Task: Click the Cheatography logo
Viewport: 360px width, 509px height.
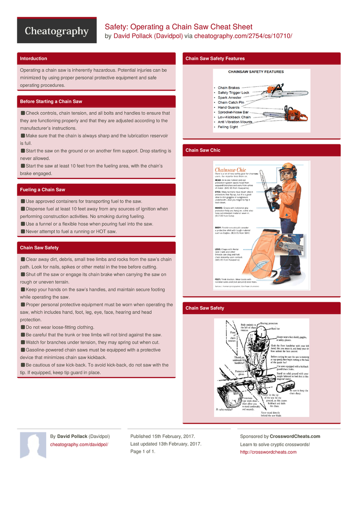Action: [x=57, y=32]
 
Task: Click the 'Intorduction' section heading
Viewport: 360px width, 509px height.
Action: [x=33, y=59]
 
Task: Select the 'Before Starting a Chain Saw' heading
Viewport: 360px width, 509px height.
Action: [x=51, y=102]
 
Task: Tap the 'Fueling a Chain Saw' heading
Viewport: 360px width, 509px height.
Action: [x=42, y=190]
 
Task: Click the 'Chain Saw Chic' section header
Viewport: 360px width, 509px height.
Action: [x=203, y=150]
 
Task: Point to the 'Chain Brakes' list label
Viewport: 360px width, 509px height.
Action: [x=228, y=88]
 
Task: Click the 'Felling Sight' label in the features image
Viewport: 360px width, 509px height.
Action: [x=228, y=127]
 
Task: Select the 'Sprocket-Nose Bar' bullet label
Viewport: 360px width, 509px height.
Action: [x=234, y=112]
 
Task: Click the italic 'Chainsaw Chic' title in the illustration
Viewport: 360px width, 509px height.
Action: [x=230, y=170]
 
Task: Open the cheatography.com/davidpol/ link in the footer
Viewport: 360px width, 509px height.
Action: [x=79, y=445]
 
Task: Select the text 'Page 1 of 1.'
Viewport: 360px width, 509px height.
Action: [x=143, y=451]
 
